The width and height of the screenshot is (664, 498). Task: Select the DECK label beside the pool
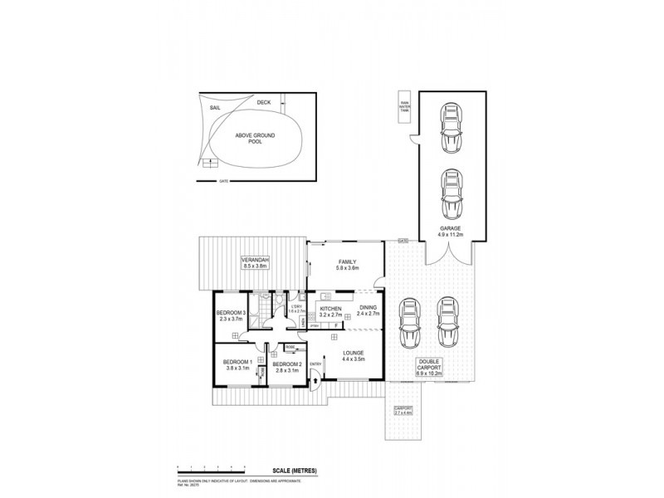pyautogui.click(x=263, y=102)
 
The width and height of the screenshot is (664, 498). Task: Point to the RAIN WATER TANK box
pyautogui.click(x=405, y=106)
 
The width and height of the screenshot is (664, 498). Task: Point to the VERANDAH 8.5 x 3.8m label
pyautogui.click(x=255, y=264)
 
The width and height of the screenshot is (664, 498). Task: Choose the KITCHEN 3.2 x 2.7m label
pyautogui.click(x=330, y=312)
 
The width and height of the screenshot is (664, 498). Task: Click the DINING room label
pyautogui.click(x=369, y=312)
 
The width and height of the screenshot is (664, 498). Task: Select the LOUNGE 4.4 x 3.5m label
pyautogui.click(x=353, y=355)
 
